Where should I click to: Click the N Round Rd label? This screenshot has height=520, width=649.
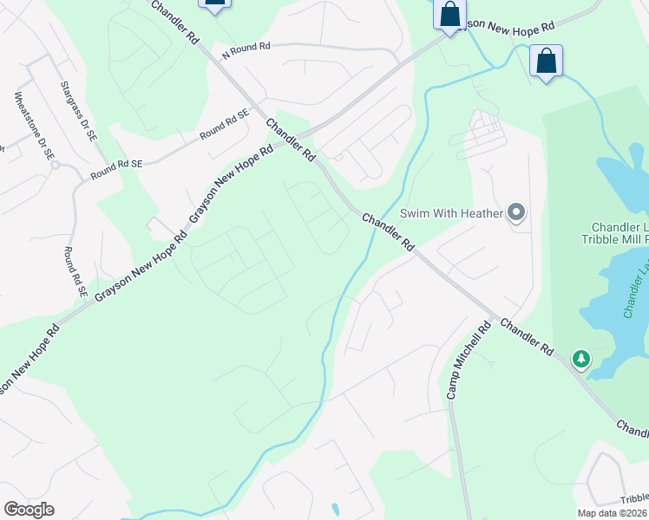pyautogui.click(x=246, y=50)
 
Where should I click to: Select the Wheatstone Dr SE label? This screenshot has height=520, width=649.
pyautogui.click(x=35, y=125)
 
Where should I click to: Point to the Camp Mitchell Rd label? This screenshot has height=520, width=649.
pyautogui.click(x=469, y=360)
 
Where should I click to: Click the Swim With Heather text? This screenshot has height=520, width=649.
pyautogui.click(x=451, y=213)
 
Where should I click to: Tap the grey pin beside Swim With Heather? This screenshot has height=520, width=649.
pyautogui.click(x=517, y=212)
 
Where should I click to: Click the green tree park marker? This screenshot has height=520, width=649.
pyautogui.click(x=580, y=358)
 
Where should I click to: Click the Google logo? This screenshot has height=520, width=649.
pyautogui.click(x=29, y=510)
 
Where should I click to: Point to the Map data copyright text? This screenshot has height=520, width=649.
pyautogui.click(x=613, y=513)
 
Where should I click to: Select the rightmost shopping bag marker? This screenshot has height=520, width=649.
pyautogui.click(x=546, y=62)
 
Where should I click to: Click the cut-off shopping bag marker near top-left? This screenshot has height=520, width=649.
pyautogui.click(x=214, y=3)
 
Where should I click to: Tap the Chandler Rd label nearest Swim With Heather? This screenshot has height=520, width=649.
pyautogui.click(x=388, y=232)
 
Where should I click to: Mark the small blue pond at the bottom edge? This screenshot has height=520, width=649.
pyautogui.click(x=335, y=510)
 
